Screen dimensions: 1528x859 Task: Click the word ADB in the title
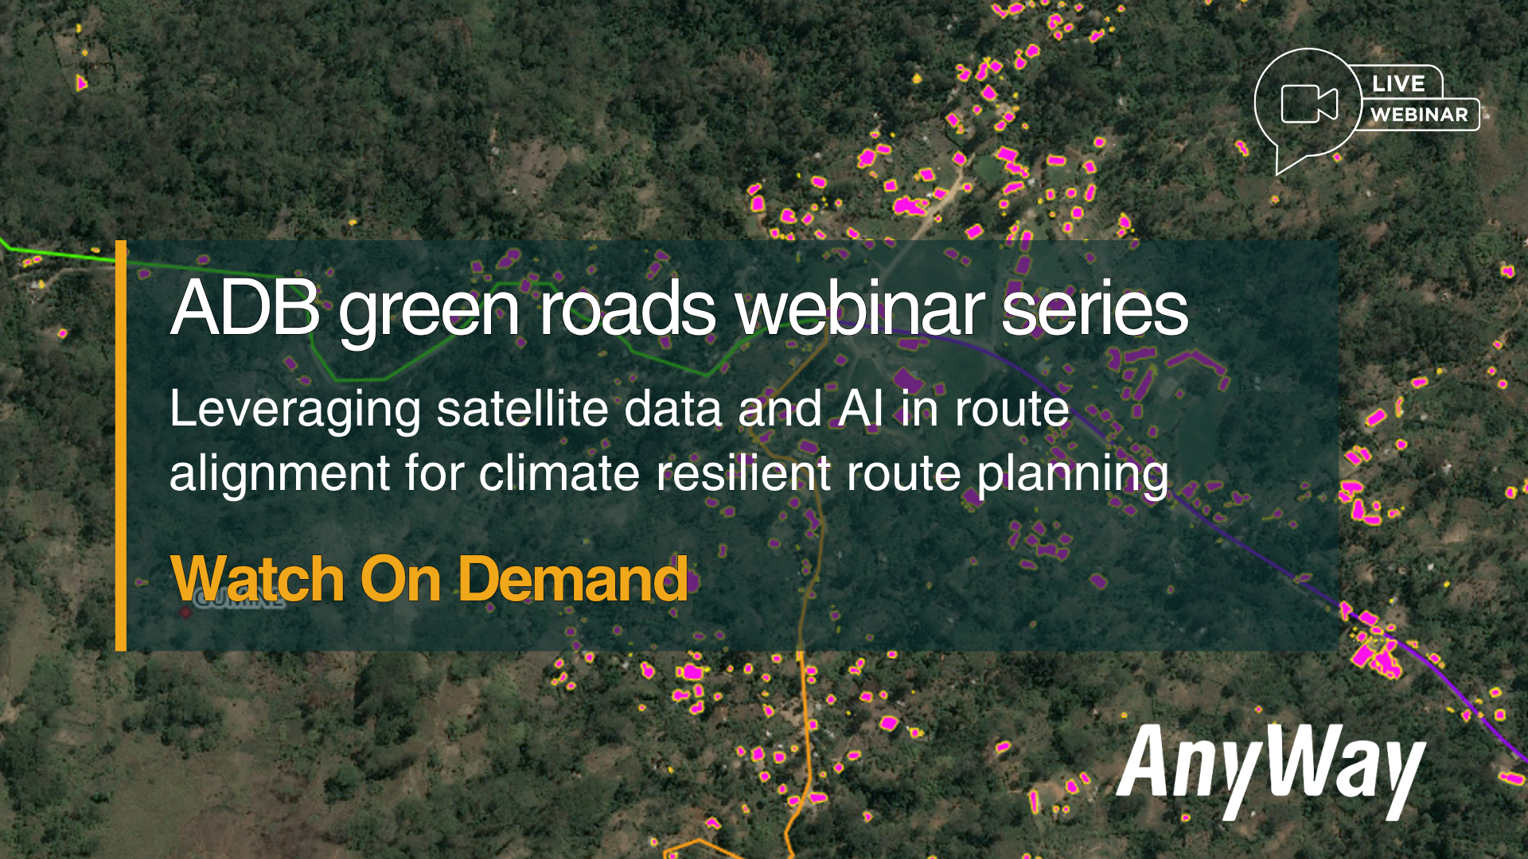(x=245, y=308)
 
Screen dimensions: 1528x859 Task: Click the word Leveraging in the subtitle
(x=295, y=412)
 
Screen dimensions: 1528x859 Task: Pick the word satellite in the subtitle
(x=523, y=409)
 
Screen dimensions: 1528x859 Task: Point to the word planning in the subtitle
(x=1073, y=476)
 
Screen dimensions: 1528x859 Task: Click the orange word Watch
(x=257, y=579)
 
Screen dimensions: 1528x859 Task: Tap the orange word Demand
(x=573, y=579)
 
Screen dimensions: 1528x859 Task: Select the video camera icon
(x=1309, y=103)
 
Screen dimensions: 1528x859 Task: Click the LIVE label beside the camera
(x=1398, y=84)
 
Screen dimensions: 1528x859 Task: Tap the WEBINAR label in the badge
(x=1419, y=115)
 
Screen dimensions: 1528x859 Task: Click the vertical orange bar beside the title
(x=121, y=445)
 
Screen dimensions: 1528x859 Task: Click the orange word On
(x=400, y=579)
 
